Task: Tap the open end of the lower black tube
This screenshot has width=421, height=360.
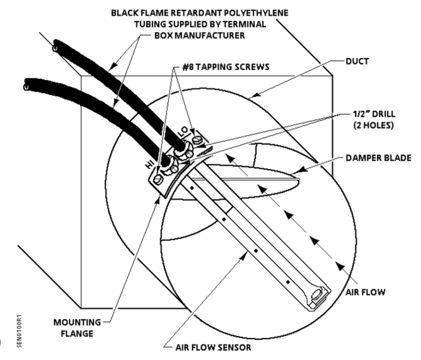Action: pyautogui.click(x=26, y=84)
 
